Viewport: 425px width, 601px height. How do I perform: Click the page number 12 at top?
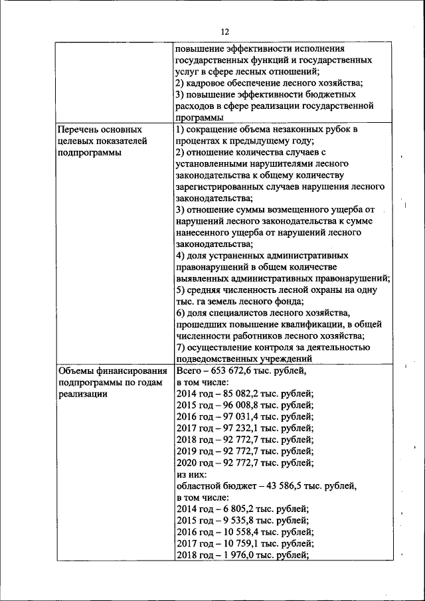[x=224, y=32]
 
